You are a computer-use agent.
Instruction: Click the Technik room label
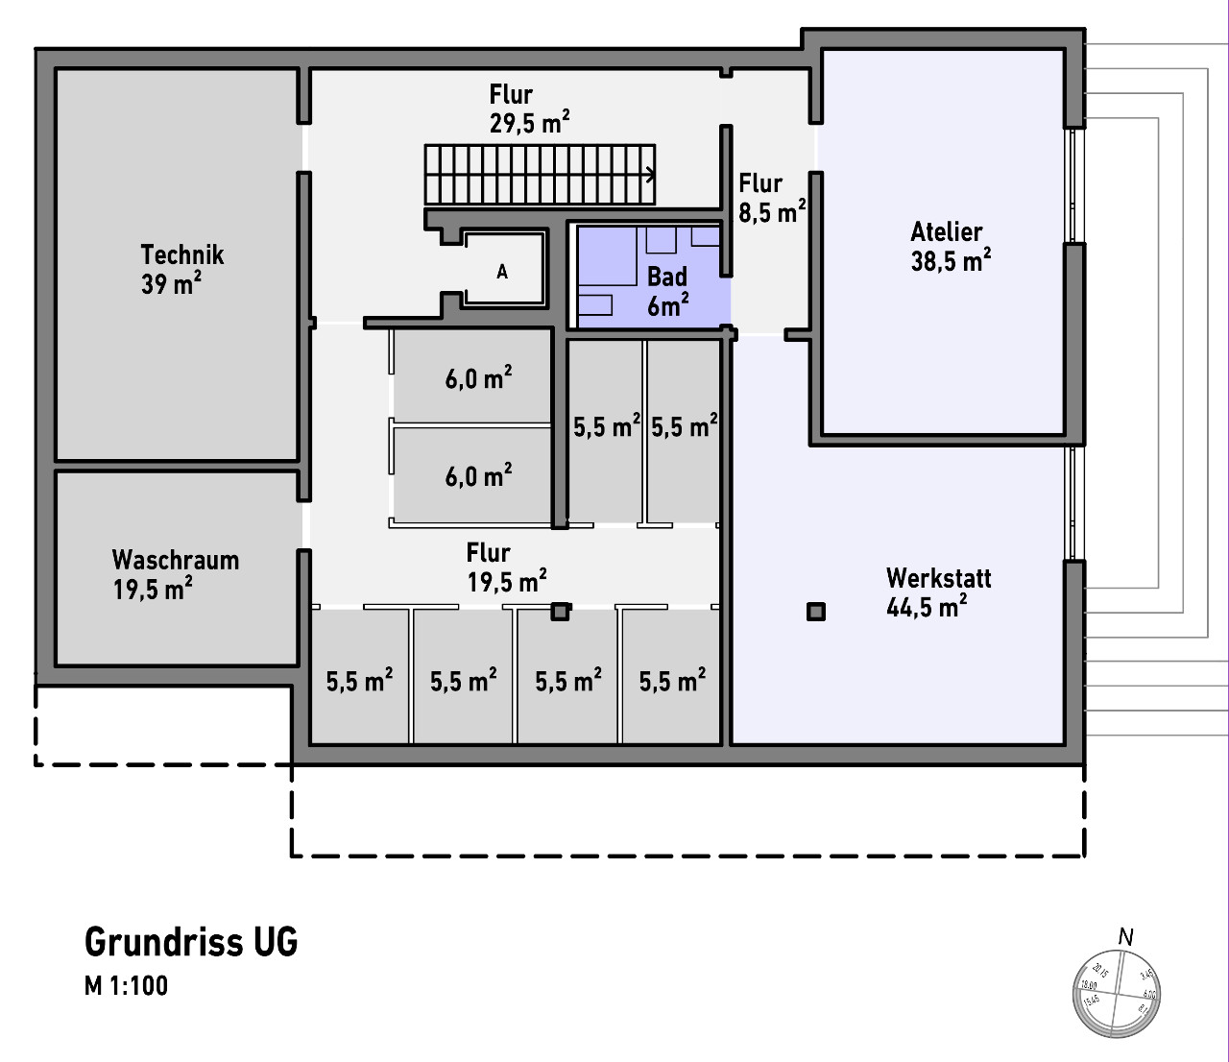tap(181, 254)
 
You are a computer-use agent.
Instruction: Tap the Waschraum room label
tap(175, 560)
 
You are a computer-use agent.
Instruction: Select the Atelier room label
tap(947, 232)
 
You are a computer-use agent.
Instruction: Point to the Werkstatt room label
tap(938, 578)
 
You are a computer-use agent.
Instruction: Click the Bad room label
tap(667, 278)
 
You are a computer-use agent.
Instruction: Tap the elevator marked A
tap(502, 273)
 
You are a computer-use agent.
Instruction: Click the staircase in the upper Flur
tap(540, 175)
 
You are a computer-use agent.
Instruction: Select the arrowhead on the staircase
tap(652, 175)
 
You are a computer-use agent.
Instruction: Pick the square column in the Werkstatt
tap(816, 612)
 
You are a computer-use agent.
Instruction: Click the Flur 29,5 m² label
tap(528, 109)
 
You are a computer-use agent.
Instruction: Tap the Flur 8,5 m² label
tap(771, 198)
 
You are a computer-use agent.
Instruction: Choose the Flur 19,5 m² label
tap(506, 567)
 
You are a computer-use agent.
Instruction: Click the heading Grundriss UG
tap(191, 942)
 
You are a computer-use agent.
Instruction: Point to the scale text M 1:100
tap(126, 986)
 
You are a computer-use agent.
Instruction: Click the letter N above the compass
tap(1126, 936)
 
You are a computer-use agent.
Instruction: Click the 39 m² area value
tap(171, 284)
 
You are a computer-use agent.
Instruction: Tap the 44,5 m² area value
tap(926, 608)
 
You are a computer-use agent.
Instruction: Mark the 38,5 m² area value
tap(951, 261)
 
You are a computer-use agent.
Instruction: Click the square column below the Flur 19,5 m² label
tap(560, 611)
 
